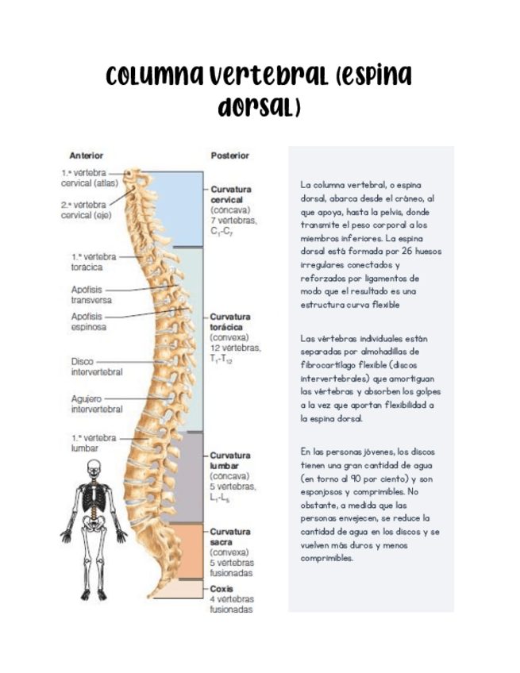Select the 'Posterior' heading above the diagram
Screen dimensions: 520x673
click(x=229, y=156)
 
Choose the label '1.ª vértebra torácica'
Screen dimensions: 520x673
click(x=94, y=262)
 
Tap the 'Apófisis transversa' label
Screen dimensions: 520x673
click(x=91, y=294)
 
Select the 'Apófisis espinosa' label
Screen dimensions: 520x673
click(x=89, y=321)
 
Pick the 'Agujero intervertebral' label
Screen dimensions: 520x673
click(x=96, y=404)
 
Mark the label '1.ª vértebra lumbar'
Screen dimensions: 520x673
click(x=94, y=443)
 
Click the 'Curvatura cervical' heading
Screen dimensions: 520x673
click(x=231, y=194)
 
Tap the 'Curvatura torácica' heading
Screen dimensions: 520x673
click(x=231, y=321)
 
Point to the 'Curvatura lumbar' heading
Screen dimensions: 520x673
click(x=231, y=461)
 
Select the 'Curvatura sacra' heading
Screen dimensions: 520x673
click(x=231, y=536)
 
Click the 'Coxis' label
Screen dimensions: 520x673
click(x=221, y=589)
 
